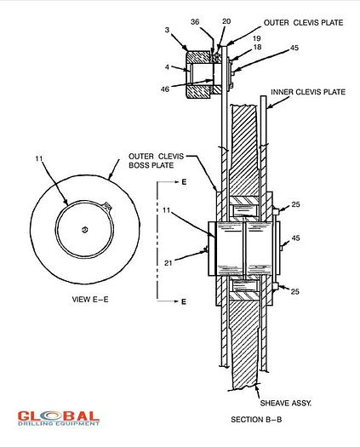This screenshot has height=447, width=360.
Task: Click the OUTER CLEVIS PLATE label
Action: point(303,23)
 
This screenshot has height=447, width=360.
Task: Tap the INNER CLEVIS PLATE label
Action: point(308,92)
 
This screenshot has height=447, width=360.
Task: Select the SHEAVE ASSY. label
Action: point(286,403)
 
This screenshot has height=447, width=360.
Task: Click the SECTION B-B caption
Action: point(256,420)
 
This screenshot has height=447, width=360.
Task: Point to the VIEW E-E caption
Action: point(90,300)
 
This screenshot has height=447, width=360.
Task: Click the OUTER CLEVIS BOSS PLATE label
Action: point(157,161)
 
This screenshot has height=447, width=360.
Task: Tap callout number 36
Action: point(195,22)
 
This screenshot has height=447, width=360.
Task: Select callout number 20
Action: point(226,21)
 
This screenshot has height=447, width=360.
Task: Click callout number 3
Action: point(167,30)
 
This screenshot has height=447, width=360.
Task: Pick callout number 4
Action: point(167,67)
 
